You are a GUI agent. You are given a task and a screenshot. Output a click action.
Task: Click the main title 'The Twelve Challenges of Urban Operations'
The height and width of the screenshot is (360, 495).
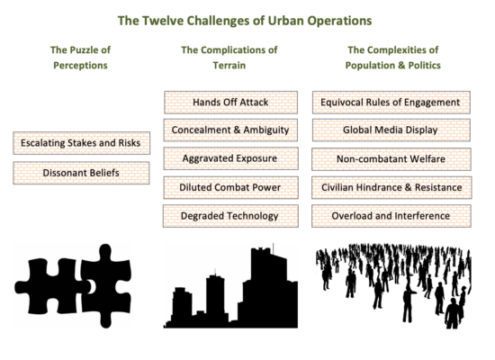(x=245, y=21)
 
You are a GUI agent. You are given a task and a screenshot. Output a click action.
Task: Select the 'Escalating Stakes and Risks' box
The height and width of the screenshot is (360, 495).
(x=81, y=143)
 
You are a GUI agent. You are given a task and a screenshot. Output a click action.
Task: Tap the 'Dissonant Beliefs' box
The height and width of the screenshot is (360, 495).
(x=81, y=173)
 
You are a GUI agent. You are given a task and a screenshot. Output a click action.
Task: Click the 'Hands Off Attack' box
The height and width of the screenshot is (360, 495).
(x=230, y=103)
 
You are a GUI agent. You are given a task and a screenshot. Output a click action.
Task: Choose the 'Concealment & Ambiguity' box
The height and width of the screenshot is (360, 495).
(x=230, y=130)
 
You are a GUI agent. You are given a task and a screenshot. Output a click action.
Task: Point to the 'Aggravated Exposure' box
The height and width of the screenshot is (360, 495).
(x=230, y=158)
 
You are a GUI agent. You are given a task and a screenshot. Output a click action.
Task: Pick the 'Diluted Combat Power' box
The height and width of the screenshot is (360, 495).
(x=230, y=187)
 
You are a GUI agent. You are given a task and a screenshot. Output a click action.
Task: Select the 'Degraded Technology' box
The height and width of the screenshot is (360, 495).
(x=230, y=216)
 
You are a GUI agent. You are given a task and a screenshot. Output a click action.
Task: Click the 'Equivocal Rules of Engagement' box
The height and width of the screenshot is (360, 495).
(x=391, y=103)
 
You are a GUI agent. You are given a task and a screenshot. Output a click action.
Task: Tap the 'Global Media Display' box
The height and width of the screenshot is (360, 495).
(x=391, y=130)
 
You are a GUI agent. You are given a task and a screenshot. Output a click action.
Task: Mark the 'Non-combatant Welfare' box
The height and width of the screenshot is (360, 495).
(x=391, y=159)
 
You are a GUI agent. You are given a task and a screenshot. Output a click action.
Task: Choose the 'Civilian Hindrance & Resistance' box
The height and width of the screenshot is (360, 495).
(x=391, y=187)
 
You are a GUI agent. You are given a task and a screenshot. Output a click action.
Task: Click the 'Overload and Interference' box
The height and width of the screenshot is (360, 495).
(x=391, y=216)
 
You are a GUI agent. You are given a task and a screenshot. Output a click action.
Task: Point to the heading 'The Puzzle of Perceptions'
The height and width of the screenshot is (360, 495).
(x=80, y=58)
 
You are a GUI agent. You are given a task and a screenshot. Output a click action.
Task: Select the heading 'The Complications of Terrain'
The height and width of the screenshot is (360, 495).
(x=229, y=58)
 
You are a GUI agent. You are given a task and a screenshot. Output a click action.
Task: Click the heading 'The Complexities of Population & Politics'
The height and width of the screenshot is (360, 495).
(x=393, y=58)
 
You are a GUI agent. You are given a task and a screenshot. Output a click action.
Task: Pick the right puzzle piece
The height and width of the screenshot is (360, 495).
(x=106, y=286)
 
